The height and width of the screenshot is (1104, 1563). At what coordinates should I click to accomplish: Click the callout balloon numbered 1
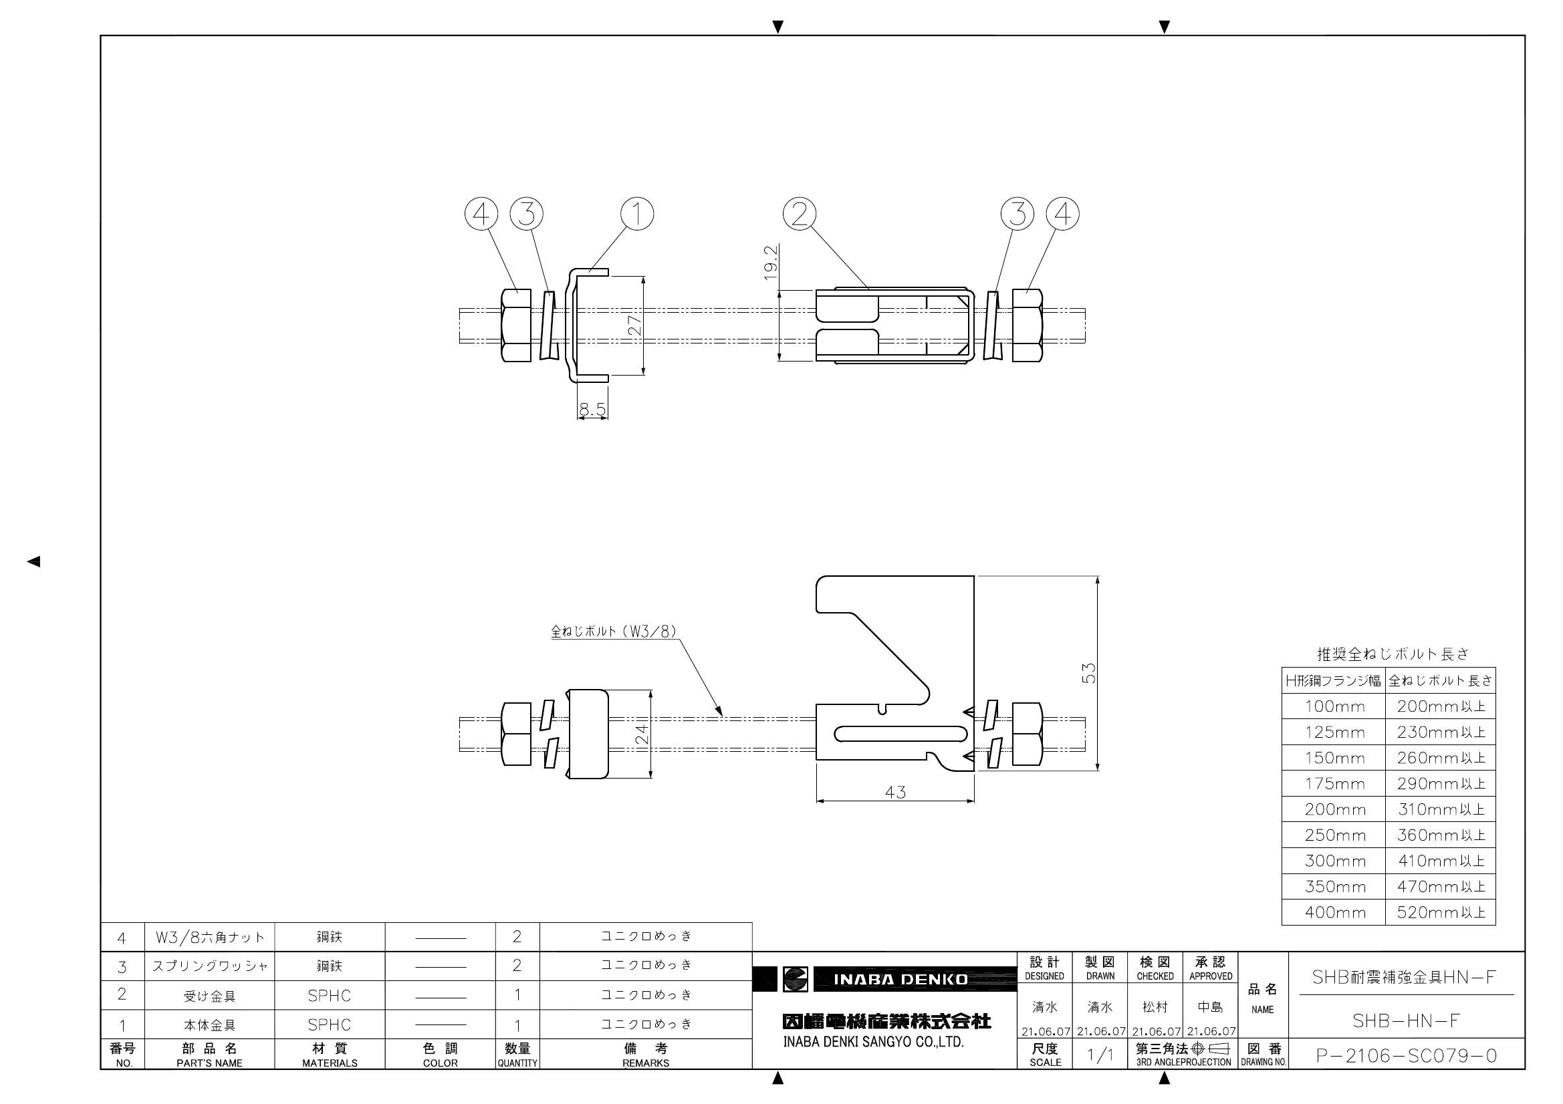tap(637, 214)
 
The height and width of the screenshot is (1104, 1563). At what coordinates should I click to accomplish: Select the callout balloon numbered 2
tap(800, 214)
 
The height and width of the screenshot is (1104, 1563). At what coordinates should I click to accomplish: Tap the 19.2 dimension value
tap(771, 263)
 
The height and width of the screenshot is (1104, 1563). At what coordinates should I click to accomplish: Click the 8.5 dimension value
tap(592, 410)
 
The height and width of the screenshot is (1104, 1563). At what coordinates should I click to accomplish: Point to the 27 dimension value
tap(635, 325)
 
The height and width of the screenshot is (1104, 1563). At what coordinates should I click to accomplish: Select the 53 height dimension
tap(1089, 673)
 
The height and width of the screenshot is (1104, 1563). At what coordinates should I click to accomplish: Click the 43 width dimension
tap(895, 793)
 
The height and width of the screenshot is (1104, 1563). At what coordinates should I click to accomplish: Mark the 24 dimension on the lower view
tap(642, 734)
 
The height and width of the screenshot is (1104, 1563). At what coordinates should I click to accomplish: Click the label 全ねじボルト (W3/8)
tap(614, 632)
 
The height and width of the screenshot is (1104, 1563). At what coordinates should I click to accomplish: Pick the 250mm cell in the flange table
tap(1335, 835)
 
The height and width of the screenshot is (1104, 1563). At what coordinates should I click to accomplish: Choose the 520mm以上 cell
tap(1441, 913)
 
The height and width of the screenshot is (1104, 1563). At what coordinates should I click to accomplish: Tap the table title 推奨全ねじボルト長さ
tap(1393, 654)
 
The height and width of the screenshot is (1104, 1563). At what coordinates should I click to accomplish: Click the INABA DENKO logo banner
tap(900, 980)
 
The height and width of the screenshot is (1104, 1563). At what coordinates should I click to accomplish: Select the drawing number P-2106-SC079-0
tap(1407, 1056)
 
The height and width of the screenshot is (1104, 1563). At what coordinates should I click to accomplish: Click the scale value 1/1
tap(1100, 1056)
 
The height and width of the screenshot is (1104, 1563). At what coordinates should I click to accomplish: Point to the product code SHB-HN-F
tap(1407, 1020)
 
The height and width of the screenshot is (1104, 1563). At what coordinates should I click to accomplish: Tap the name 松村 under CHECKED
tap(1155, 1006)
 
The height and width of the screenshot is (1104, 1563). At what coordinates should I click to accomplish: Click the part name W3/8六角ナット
tap(210, 937)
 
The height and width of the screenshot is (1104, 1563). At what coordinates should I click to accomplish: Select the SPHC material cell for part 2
tap(330, 996)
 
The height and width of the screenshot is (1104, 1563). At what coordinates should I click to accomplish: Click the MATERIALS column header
tap(330, 1056)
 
